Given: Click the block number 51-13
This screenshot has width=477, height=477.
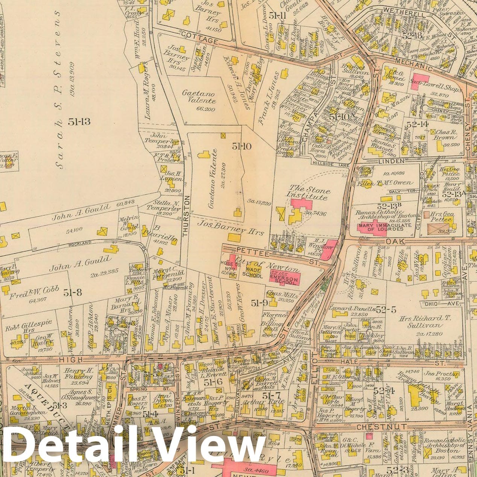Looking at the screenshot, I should (79, 121).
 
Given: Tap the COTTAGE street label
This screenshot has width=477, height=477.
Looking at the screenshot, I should (199, 40).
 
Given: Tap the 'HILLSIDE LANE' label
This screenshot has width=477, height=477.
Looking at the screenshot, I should (331, 164).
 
